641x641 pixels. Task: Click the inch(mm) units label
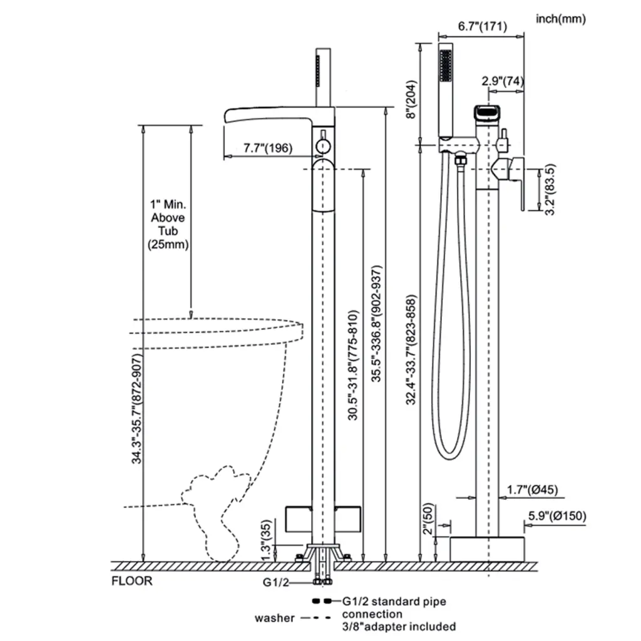pos(560,19)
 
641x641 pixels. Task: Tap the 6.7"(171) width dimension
pos(483,26)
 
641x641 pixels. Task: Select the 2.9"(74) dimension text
pos(503,81)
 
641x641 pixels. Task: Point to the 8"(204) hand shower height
pos(411,100)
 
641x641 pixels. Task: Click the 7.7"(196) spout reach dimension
pos(268,148)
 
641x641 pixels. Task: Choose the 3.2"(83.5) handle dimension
pos(551,189)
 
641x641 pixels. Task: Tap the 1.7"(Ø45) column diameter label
pos(532,490)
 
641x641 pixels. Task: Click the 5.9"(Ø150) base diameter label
pos(557,516)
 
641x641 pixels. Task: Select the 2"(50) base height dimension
pos(428,519)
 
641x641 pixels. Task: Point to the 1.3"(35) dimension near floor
pos(265,540)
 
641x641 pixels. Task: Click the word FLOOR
pos(131,581)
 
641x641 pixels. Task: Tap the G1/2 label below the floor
pos(275,582)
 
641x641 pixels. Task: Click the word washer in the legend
pos(274,618)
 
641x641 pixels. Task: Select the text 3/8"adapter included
pos(399,626)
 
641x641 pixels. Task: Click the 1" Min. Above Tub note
pos(168,225)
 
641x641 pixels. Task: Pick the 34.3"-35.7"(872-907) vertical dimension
pos(137,408)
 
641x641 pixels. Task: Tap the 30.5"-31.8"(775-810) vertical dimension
pos(353,365)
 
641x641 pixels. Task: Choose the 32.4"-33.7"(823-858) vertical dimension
pos(411,349)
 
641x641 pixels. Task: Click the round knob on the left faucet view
pos(323,146)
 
